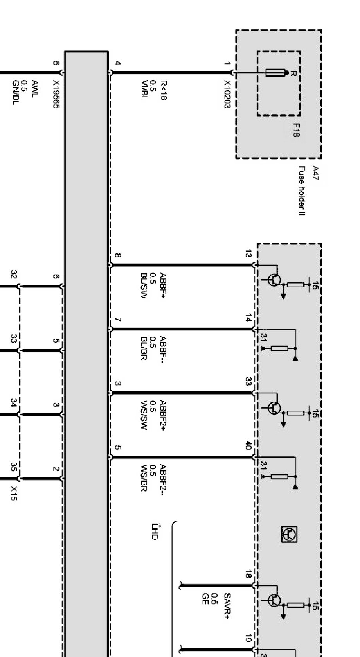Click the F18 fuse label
(x=296, y=130)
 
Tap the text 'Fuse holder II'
(x=302, y=190)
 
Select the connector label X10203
(x=227, y=94)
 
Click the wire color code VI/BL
(x=144, y=90)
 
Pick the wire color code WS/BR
(x=144, y=478)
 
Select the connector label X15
(x=14, y=493)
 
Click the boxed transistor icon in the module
(x=289, y=534)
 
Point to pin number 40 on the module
(x=248, y=445)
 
